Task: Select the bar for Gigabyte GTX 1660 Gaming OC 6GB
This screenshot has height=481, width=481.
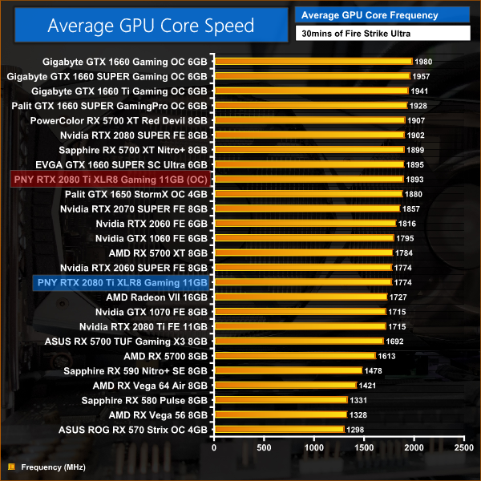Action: pyautogui.click(x=313, y=61)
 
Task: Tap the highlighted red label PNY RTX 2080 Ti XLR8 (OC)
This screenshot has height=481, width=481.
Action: pyautogui.click(x=111, y=179)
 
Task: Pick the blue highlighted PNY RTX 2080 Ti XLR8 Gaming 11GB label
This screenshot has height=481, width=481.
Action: pyautogui.click(x=122, y=282)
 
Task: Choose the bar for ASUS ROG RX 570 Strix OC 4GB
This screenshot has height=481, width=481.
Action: pyautogui.click(x=279, y=430)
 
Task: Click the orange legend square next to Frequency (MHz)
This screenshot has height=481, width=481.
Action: pyautogui.click(x=10, y=467)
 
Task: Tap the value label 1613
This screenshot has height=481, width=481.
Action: pyautogui.click(x=388, y=356)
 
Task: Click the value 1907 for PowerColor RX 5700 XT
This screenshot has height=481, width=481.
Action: pyautogui.click(x=416, y=120)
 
